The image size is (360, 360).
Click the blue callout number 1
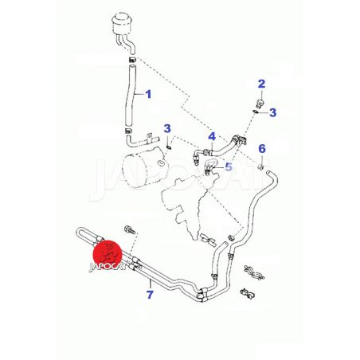[x=148, y=94]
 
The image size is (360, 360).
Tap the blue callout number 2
[x=261, y=84]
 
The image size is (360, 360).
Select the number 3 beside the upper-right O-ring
[x=272, y=112]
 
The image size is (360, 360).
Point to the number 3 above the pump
[x=167, y=128]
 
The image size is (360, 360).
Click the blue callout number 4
[x=212, y=136]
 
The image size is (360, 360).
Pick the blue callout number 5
[x=229, y=167]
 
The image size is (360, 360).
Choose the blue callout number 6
[x=262, y=149]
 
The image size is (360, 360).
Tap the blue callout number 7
[x=150, y=295]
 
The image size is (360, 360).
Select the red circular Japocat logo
[x=108, y=253]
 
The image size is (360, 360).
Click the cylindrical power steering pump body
[x=143, y=168]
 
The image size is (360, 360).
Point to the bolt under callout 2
[x=260, y=104]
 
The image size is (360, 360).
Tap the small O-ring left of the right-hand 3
[x=255, y=112]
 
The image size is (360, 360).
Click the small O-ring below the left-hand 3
[x=169, y=147]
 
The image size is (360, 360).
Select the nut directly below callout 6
[x=261, y=167]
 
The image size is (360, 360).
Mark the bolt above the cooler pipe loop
[x=130, y=230]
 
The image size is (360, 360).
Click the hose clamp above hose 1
[x=132, y=59]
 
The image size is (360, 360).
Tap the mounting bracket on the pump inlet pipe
[x=149, y=137]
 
